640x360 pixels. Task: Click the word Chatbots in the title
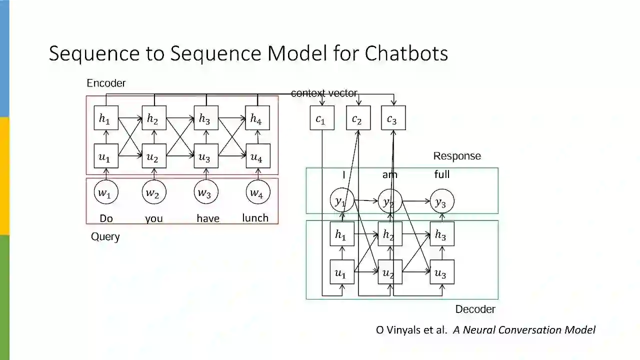[x=406, y=53]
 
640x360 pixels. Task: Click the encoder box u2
[x=154, y=156]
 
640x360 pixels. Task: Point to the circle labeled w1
[x=106, y=192]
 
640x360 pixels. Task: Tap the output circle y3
[x=441, y=201]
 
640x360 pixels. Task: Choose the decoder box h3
[x=442, y=234]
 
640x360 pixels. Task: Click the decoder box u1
[x=342, y=272]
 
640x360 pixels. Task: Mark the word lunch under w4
[x=255, y=218]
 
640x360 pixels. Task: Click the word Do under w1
[x=106, y=218]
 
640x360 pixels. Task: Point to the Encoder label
[x=106, y=83]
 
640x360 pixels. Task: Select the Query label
[x=105, y=236]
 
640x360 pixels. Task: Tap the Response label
[x=457, y=156]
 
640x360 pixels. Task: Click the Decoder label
[x=475, y=309]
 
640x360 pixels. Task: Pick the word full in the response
[x=442, y=174]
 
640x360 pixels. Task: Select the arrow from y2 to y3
[x=416, y=201]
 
